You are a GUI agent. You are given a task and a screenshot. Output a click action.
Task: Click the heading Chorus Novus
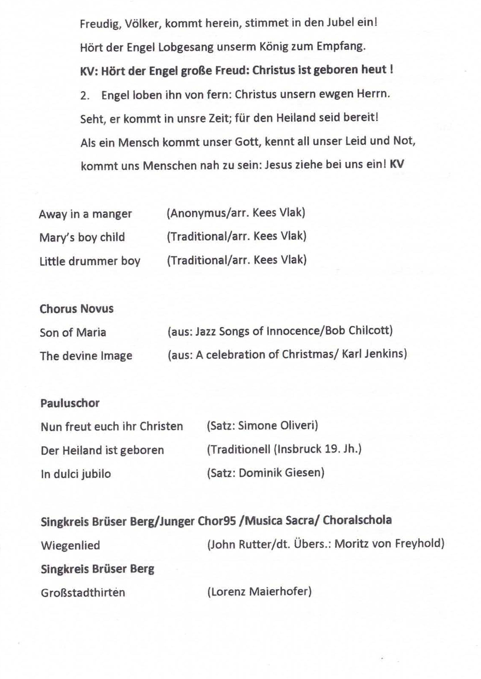pyautogui.click(x=76, y=309)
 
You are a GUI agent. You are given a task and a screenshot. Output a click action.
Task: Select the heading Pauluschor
pyautogui.click(x=70, y=403)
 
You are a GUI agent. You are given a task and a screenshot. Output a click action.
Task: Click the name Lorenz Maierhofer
pyautogui.click(x=259, y=592)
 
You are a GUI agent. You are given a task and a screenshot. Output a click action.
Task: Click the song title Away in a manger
pyautogui.click(x=85, y=214)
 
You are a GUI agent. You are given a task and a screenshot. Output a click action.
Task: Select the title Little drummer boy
pyautogui.click(x=90, y=261)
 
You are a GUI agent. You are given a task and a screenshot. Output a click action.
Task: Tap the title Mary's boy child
pyautogui.click(x=82, y=238)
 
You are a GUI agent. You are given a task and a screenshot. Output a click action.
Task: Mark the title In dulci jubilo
pyautogui.click(x=76, y=474)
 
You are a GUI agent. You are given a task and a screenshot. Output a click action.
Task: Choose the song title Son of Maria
pyautogui.click(x=73, y=332)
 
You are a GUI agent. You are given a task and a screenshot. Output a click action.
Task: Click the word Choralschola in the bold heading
pyautogui.click(x=357, y=520)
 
